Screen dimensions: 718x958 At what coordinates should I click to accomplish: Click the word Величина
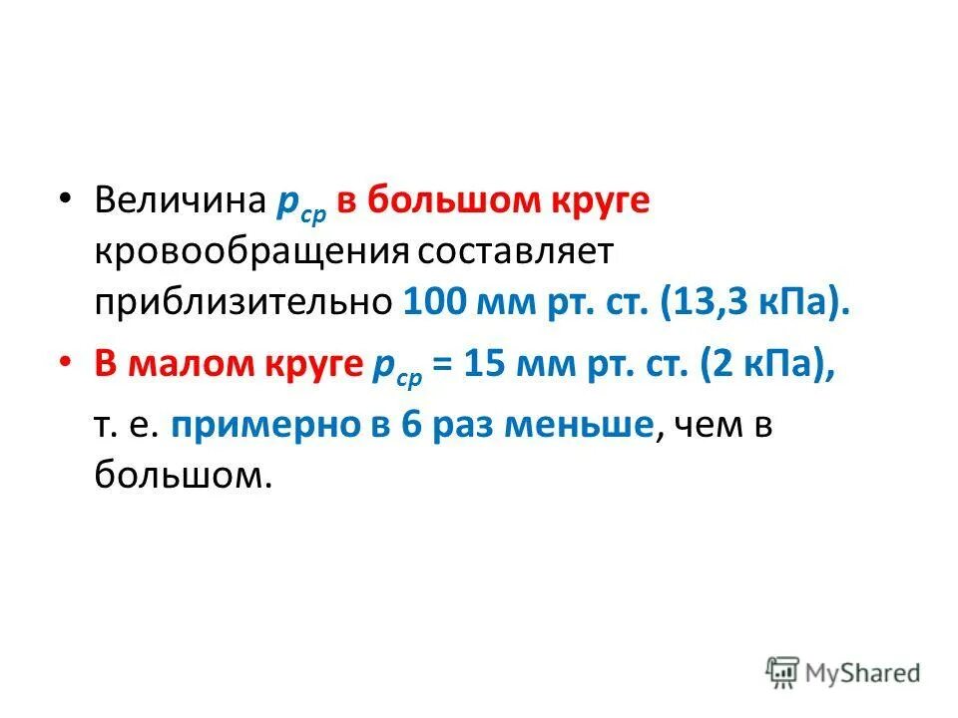click(x=179, y=200)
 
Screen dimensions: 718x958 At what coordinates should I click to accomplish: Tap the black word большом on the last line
click(x=183, y=476)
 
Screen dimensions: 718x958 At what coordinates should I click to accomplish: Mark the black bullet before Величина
click(x=65, y=197)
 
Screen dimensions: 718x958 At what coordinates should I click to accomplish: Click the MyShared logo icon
click(x=782, y=670)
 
